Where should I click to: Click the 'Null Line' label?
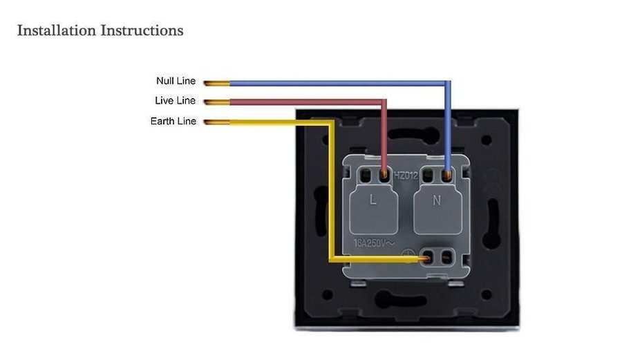[176, 82]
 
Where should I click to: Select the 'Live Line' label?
[175, 101]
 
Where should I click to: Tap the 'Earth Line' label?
[173, 122]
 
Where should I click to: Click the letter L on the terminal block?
[373, 200]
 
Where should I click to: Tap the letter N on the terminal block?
[436, 200]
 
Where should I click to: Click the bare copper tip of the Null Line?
[216, 83]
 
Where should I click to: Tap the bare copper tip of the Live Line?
[216, 102]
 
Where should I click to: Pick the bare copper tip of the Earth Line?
[216, 123]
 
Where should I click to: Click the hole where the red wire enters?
[384, 176]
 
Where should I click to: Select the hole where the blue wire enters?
[448, 176]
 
